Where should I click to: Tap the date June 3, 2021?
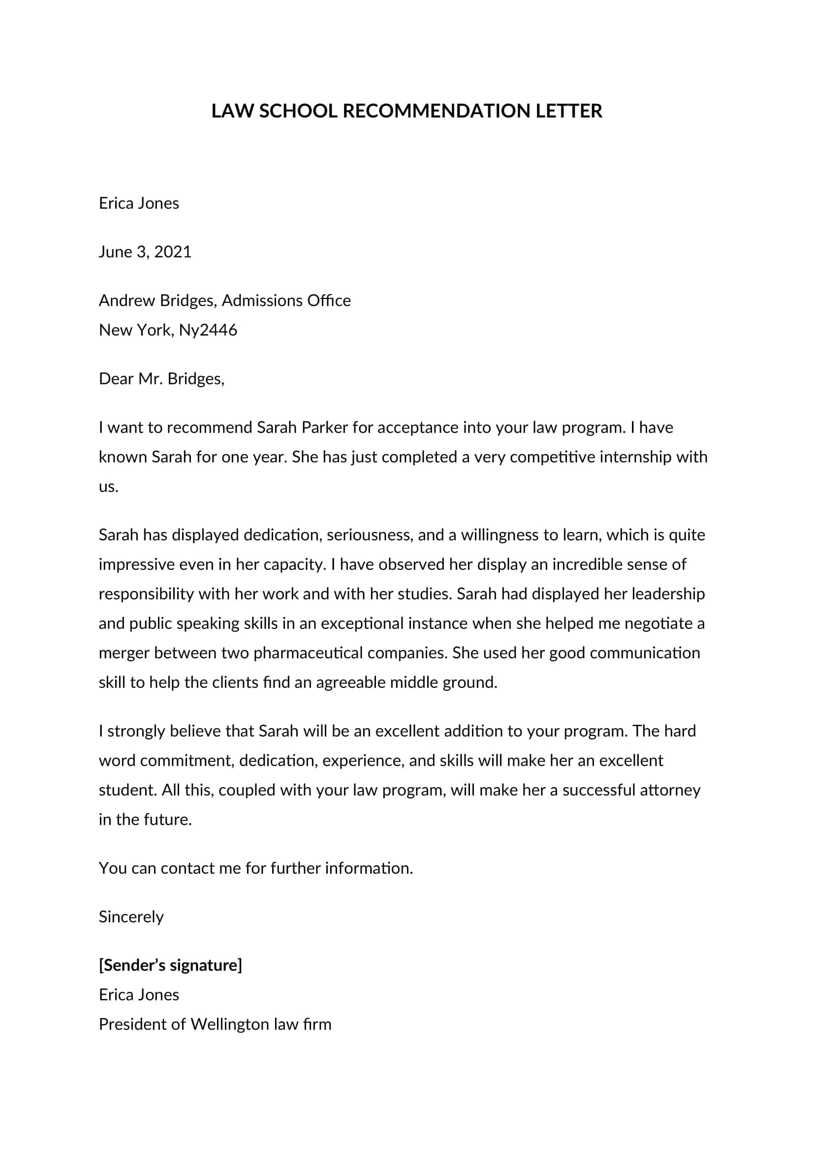(145, 251)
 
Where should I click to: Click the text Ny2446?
(208, 330)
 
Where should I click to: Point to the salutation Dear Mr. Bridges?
(161, 379)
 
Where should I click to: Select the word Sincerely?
(131, 917)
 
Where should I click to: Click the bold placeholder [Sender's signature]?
(170, 965)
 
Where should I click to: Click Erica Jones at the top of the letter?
(139, 204)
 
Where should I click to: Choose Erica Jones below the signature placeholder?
(139, 995)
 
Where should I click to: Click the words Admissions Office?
(286, 300)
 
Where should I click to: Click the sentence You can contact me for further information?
(255, 868)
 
